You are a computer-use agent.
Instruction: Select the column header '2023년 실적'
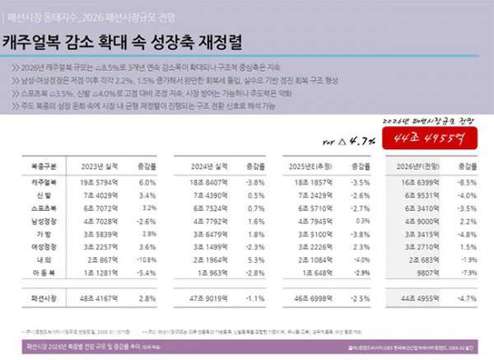click(108, 165)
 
